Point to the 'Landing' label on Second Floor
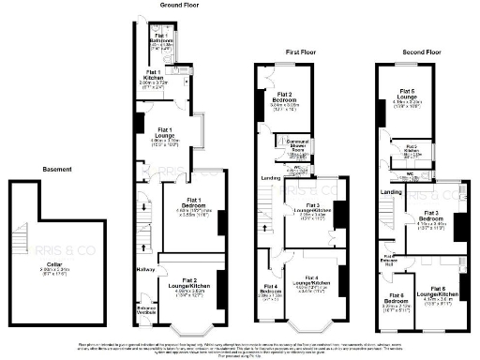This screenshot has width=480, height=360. click(391, 193)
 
